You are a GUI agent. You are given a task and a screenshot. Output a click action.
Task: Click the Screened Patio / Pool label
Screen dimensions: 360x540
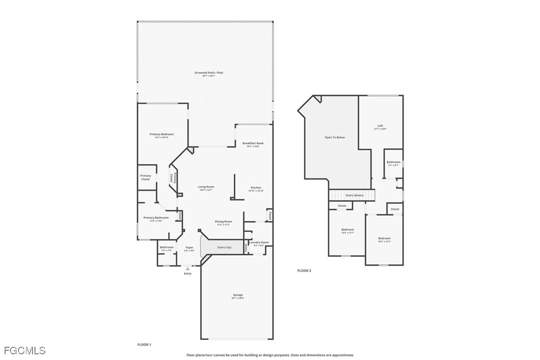click(x=209, y=73)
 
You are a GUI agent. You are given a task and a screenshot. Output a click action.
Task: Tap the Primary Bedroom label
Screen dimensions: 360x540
click(x=161, y=134)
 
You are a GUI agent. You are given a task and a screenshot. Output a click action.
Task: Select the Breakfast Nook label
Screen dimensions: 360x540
click(x=253, y=143)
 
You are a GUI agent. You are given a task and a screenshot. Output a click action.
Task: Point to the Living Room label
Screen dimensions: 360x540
click(x=206, y=187)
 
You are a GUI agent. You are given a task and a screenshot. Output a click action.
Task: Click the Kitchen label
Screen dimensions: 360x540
click(x=256, y=188)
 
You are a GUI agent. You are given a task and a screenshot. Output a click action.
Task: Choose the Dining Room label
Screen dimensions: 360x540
click(x=223, y=222)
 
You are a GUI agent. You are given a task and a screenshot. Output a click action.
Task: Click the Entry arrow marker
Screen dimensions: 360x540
click(x=188, y=269)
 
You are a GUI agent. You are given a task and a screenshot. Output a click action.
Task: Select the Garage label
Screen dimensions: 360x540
click(x=238, y=295)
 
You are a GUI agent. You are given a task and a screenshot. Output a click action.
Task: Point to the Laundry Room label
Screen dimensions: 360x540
click(x=259, y=243)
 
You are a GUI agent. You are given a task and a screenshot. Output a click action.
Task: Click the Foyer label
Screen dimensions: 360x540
click(x=189, y=247)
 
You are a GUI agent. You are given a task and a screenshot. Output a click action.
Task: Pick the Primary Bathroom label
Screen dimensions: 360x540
click(x=156, y=218)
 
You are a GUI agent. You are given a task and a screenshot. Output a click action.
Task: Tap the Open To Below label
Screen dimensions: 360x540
click(x=335, y=137)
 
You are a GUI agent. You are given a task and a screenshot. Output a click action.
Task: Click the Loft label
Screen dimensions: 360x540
click(x=380, y=126)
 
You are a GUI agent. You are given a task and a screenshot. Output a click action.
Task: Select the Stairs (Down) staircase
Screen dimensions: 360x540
click(x=352, y=195)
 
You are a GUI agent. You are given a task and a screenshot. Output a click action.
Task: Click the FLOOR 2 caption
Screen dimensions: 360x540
click(x=304, y=271)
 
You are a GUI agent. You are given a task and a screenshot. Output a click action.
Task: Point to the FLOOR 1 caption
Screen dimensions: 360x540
click(x=144, y=345)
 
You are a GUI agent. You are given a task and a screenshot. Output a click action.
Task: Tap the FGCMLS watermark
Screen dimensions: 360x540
click(x=25, y=351)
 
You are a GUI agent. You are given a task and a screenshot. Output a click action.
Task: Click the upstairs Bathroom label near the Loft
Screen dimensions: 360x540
click(x=393, y=162)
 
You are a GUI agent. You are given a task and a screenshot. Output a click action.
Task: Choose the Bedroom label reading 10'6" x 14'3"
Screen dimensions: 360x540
click(x=384, y=238)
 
